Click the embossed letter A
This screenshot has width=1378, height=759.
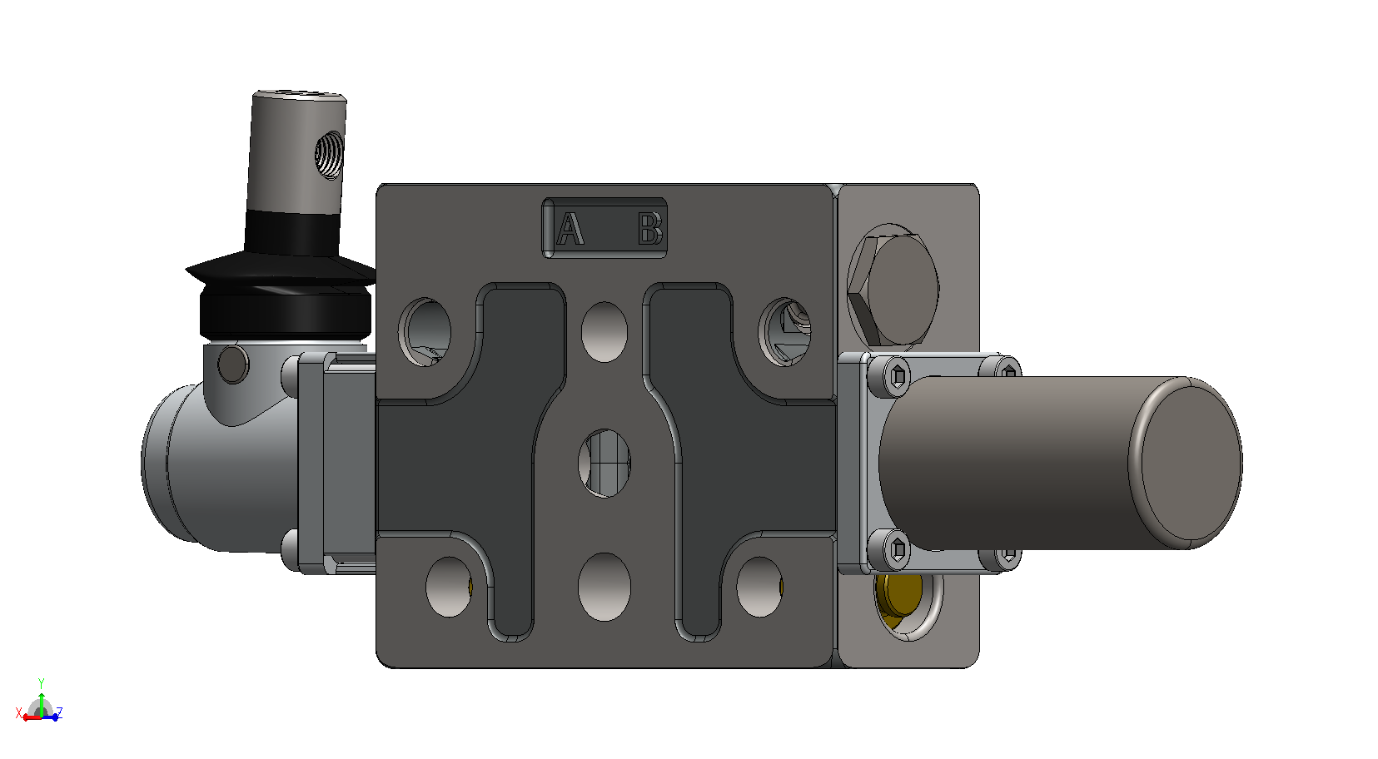pos(570,228)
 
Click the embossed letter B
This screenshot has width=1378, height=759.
pos(650,228)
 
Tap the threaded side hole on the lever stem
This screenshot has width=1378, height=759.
pos(329,155)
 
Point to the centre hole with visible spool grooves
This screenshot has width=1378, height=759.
pos(604,464)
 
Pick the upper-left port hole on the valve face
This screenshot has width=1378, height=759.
pos(425,332)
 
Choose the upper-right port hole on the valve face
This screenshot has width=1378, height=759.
pos(785,331)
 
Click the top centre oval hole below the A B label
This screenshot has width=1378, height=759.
pos(604,331)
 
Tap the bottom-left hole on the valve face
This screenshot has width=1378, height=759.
pos(449,587)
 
